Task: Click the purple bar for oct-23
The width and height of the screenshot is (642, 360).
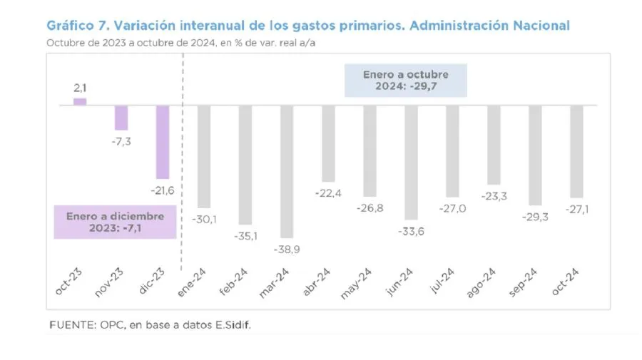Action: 80,101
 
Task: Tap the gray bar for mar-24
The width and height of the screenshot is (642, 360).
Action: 287,171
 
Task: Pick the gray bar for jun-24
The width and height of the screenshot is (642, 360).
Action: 411,162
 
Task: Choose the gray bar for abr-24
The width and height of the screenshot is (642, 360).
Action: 328,143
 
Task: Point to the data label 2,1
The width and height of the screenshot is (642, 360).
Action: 80,88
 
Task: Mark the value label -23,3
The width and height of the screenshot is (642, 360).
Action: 494,196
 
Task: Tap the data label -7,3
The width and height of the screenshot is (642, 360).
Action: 121,142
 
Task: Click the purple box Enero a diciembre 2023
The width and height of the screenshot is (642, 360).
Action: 116,222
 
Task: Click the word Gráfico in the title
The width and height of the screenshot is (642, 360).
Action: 71,26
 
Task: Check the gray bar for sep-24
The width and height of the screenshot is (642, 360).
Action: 535,155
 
